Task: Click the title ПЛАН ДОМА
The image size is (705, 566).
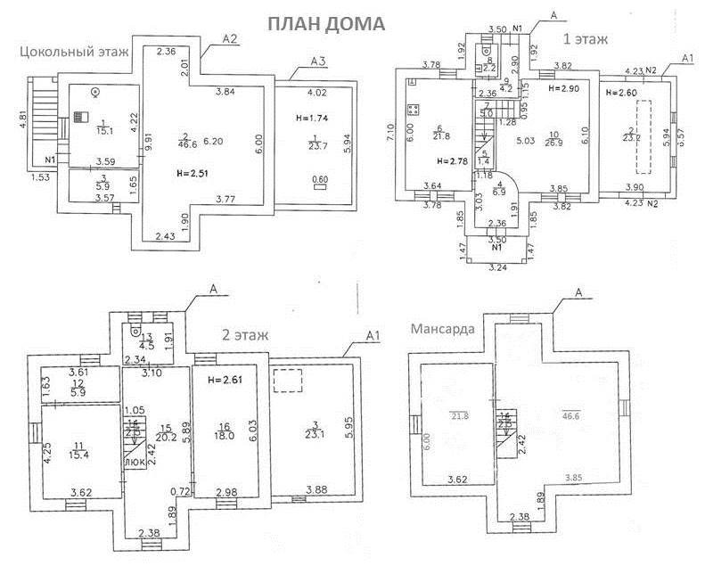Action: tap(326, 23)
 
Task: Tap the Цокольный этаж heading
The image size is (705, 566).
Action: tap(74, 52)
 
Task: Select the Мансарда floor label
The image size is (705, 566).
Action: tap(442, 328)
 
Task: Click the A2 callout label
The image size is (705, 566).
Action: tap(229, 38)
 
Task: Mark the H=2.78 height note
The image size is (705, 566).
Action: tap(452, 161)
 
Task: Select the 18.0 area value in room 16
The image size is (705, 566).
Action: tap(223, 436)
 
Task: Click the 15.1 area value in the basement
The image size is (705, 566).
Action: tap(103, 129)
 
